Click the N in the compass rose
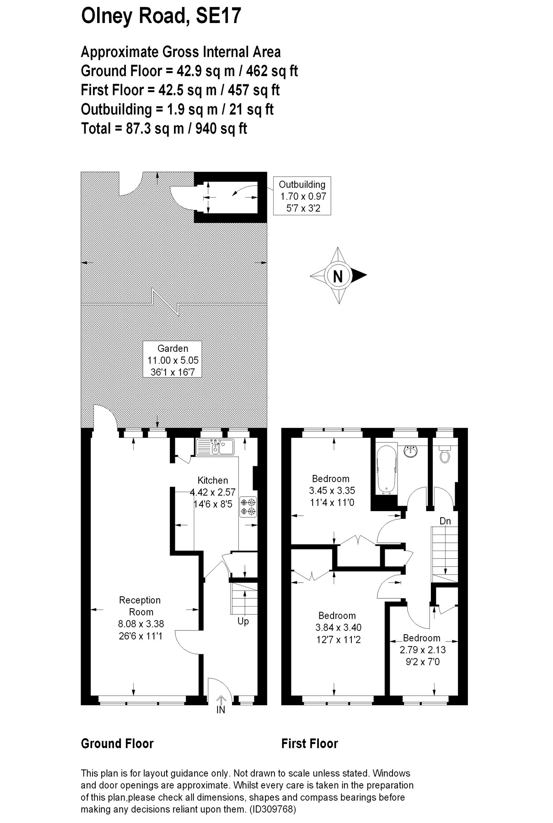click(337, 276)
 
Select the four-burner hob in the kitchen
click(249, 507)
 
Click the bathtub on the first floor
click(386, 470)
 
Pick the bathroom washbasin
click(411, 451)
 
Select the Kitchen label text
click(213, 480)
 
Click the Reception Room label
click(140, 606)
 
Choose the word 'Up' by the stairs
click(243, 621)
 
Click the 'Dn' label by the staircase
click(445, 521)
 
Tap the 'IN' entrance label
click(221, 710)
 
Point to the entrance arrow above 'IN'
click(221, 699)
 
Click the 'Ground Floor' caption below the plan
click(117, 744)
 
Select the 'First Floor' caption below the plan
click(309, 744)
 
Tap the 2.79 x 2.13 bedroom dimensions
click(423, 650)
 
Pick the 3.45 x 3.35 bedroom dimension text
click(332, 491)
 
